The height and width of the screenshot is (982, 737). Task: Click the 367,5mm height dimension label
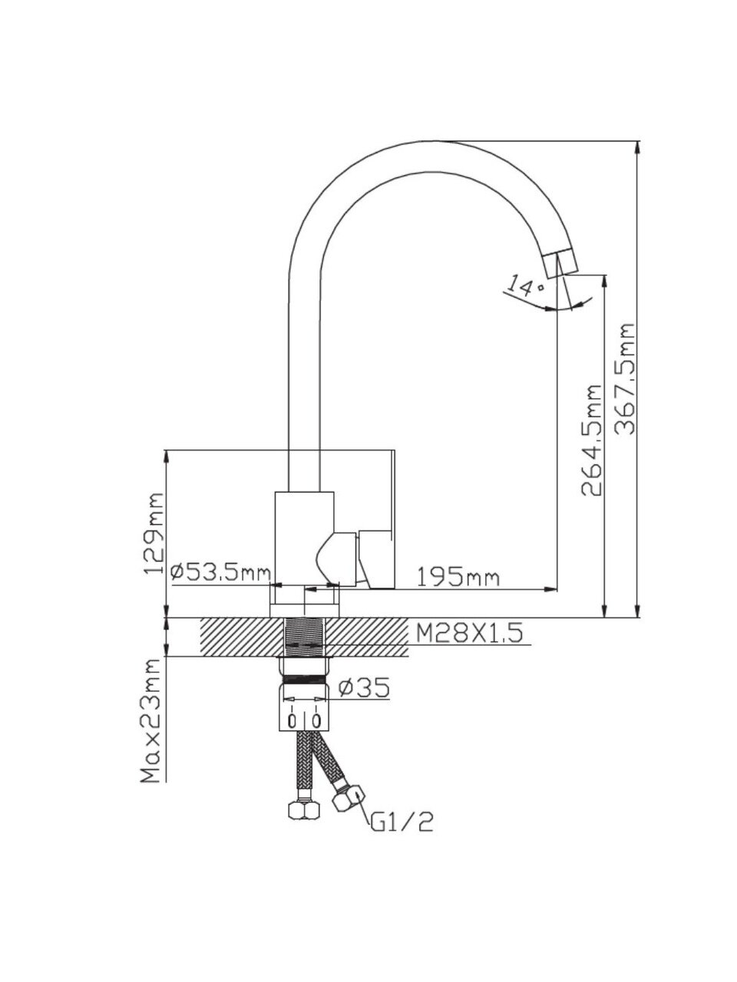click(627, 380)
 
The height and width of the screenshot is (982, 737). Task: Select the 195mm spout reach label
click(458, 577)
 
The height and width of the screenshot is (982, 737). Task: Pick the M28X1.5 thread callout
click(469, 634)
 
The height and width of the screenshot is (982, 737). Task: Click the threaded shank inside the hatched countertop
click(306, 636)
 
